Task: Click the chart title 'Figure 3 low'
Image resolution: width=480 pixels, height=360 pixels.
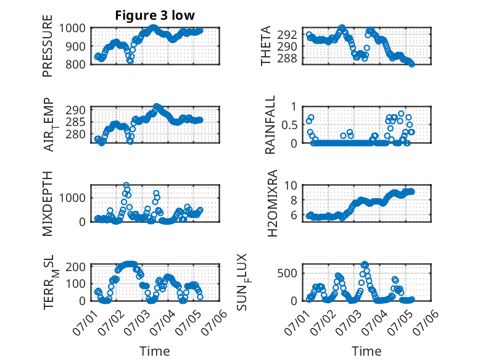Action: (x=155, y=15)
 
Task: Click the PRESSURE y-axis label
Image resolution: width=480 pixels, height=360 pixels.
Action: (x=48, y=46)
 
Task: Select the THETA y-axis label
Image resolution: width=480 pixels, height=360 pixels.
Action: (x=266, y=46)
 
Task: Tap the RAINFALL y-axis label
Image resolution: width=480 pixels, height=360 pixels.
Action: (x=270, y=125)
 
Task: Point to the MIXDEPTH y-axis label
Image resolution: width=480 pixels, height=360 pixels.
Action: (x=48, y=204)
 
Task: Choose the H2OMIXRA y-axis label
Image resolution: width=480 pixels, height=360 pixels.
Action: (x=272, y=203)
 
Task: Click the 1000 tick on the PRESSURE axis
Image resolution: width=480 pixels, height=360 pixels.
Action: (x=72, y=28)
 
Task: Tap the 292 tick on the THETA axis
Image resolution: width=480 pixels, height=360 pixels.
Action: (x=287, y=35)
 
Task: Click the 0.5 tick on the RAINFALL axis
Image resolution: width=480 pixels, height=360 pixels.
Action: (x=289, y=125)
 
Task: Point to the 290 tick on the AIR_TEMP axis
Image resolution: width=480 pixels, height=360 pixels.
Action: (x=75, y=110)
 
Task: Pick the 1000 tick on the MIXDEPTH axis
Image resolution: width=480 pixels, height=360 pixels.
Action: (x=72, y=198)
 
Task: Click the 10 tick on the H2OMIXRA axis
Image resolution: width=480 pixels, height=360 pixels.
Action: (x=291, y=185)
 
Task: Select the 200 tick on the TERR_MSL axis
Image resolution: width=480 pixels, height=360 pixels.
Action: (x=75, y=267)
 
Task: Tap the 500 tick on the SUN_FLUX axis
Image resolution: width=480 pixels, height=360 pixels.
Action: (x=287, y=273)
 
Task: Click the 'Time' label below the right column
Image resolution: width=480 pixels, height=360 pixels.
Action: (x=366, y=351)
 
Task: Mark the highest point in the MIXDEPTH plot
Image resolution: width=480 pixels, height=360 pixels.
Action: (x=126, y=185)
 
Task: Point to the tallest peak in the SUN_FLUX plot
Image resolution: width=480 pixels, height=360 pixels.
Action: (x=364, y=264)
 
